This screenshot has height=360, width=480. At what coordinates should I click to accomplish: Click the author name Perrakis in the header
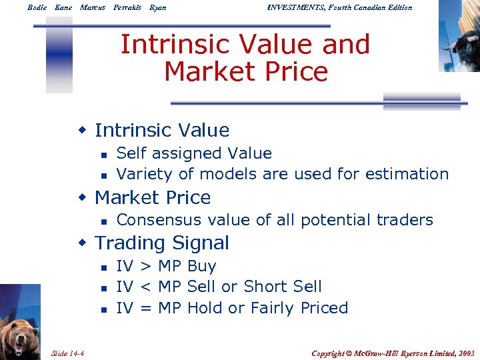(127, 7)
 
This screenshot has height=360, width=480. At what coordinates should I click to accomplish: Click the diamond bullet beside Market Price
(83, 198)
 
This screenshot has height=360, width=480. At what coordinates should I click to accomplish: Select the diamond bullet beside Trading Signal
(83, 243)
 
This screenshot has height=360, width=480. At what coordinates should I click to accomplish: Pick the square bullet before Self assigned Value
(103, 154)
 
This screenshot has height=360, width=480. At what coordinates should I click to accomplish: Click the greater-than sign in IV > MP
(145, 267)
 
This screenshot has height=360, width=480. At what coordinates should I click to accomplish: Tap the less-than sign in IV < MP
(145, 287)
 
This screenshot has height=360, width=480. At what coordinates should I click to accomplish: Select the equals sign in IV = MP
(145, 308)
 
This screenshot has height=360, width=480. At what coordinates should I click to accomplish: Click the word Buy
(202, 267)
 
